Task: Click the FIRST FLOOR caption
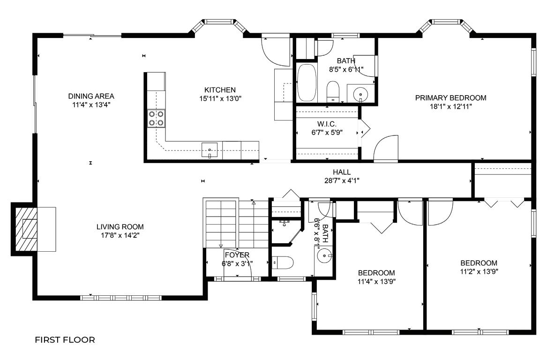(x=65, y=340)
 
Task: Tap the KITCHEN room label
(x=220, y=90)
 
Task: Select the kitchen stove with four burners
(x=156, y=118)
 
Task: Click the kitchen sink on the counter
(x=210, y=150)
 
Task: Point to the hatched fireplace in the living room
(x=25, y=229)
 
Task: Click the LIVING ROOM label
(x=120, y=227)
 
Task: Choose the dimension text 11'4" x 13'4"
(x=91, y=105)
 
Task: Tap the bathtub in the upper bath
(x=307, y=83)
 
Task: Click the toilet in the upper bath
(x=333, y=91)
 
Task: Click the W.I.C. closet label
(x=327, y=124)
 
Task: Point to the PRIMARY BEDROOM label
(x=451, y=98)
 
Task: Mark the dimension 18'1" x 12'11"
(x=451, y=106)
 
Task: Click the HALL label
(x=342, y=172)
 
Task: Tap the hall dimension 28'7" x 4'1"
(x=342, y=180)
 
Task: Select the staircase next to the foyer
(x=236, y=223)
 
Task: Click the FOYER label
(x=237, y=255)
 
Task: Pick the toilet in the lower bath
(x=283, y=262)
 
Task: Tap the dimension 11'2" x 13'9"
(x=479, y=272)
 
